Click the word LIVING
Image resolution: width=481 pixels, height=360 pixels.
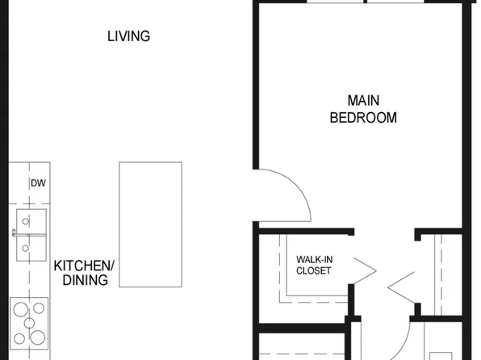pos(128,36)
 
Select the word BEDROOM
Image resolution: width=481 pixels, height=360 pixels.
pos(363,118)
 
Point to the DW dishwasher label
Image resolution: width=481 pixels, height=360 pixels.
pos(37,183)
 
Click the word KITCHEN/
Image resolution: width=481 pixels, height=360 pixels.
pos(85,266)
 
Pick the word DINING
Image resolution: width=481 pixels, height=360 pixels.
pos(85,280)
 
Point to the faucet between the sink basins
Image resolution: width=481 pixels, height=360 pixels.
pos(16,232)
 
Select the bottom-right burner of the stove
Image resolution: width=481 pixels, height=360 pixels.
pos(39,336)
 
